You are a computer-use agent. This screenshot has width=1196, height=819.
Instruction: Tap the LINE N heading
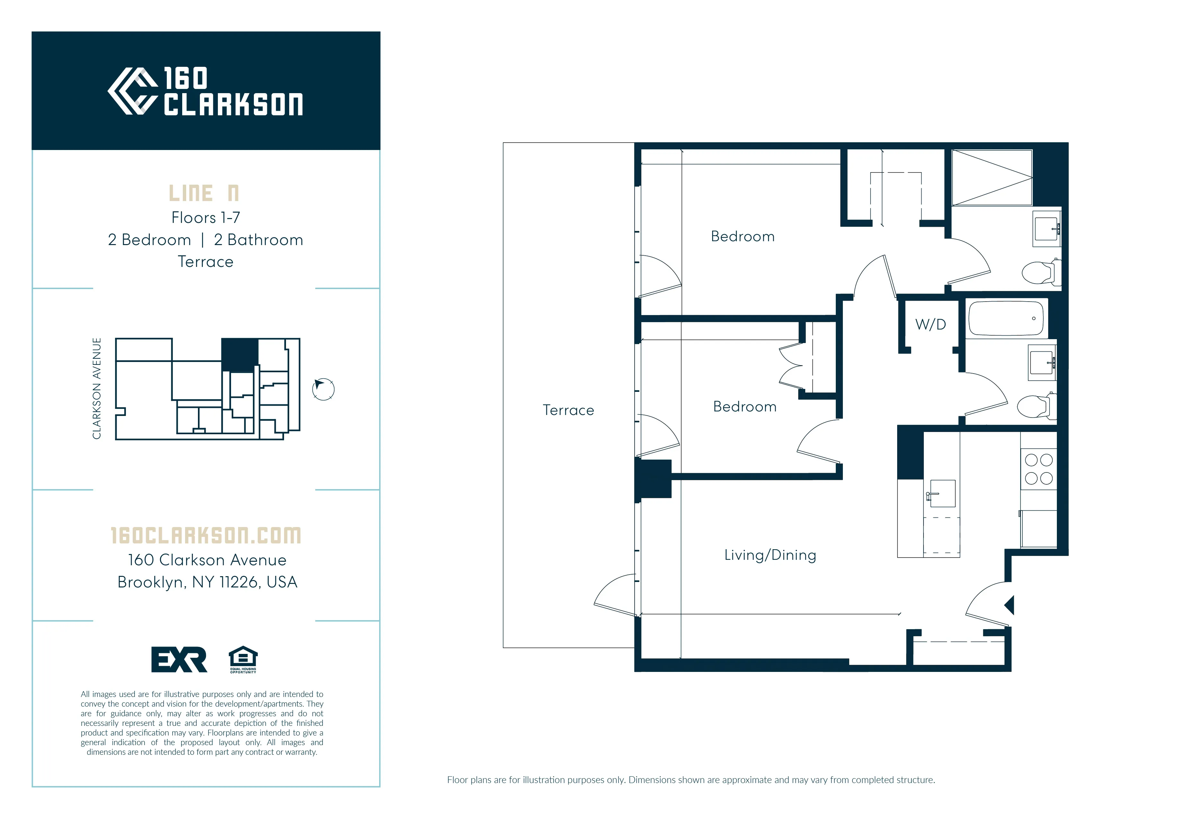204,193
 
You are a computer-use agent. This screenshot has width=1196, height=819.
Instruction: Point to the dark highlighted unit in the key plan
239,354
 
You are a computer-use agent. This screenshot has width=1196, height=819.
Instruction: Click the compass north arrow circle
323,389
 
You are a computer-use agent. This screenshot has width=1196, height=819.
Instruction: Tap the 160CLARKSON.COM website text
206,535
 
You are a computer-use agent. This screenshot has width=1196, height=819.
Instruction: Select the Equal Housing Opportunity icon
243,659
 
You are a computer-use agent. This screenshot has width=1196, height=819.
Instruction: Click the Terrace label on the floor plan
568,410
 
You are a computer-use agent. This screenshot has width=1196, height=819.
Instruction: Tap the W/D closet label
931,325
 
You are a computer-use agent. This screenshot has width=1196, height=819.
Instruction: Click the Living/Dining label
770,555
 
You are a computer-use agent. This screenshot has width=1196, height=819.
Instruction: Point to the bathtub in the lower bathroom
1006,318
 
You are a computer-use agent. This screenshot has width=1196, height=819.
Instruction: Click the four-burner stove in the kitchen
1039,469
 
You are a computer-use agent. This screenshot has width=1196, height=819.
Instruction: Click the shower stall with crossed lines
992,178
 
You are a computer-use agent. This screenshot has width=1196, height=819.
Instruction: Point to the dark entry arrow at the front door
1009,605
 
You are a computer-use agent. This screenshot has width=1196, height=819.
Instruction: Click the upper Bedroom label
743,237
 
